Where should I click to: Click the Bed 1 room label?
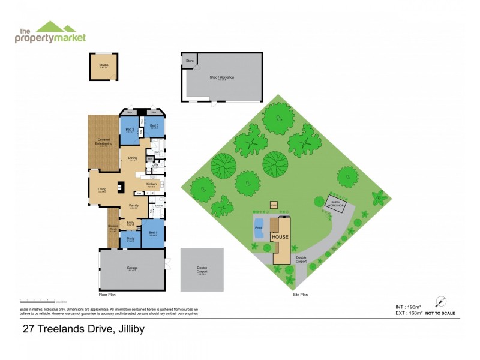pos(152,232)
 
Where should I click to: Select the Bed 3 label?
pos(154,126)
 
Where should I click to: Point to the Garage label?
pos(132,269)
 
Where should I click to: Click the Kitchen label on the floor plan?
pos(151,184)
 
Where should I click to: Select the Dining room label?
pos(133,159)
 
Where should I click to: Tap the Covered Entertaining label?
pos(103,142)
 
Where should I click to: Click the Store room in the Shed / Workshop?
pos(190,61)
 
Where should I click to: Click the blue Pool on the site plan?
pos(259,229)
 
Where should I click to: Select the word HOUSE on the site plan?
pos(280,237)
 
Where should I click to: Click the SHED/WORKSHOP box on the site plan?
pos(335,203)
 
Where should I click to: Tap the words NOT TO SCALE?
pos(440,313)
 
